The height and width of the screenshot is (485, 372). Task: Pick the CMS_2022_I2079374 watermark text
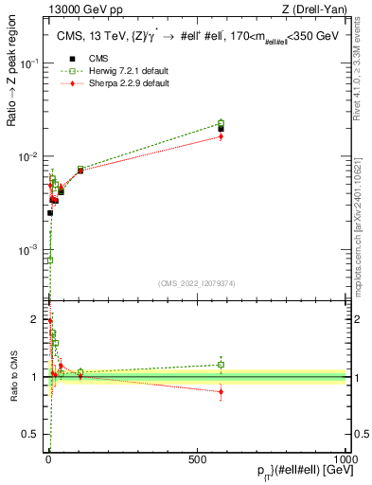197,282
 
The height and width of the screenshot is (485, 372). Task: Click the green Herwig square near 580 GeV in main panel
221,123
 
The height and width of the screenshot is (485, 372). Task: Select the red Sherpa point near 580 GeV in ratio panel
221,391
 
